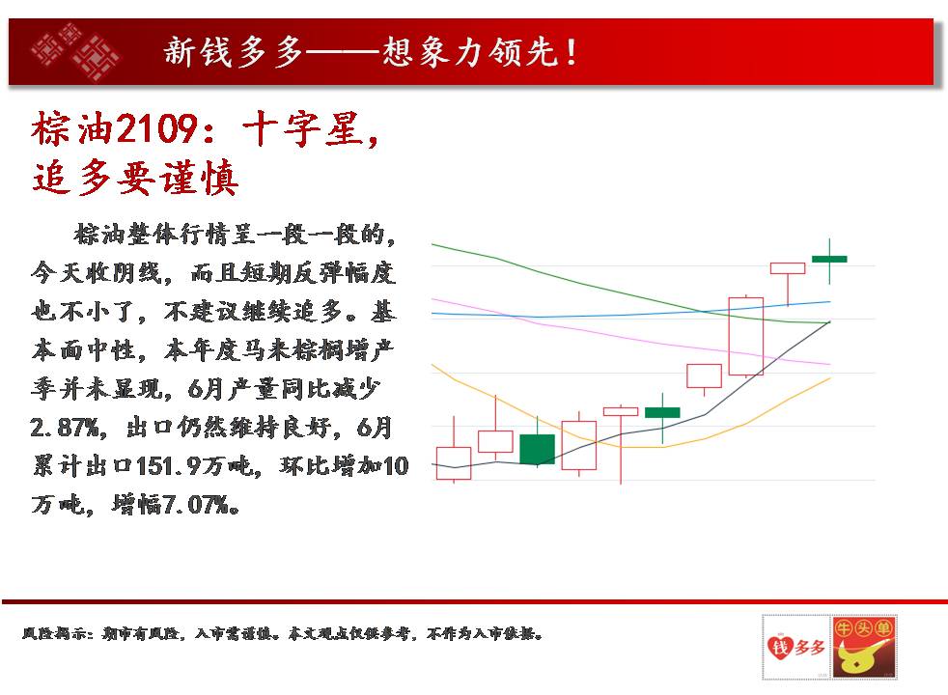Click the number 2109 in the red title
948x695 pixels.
156,128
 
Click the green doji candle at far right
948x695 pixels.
829,260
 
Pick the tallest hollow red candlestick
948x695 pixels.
746,336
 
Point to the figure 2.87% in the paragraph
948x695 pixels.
64,428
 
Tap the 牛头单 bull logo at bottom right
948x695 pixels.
863,647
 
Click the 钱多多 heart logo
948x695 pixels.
796,647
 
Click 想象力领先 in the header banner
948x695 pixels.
470,52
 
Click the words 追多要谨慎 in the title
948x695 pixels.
135,178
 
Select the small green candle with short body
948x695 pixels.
662,413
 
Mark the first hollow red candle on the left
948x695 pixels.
454,463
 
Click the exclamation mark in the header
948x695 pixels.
572,52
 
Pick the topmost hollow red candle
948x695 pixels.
788,268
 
